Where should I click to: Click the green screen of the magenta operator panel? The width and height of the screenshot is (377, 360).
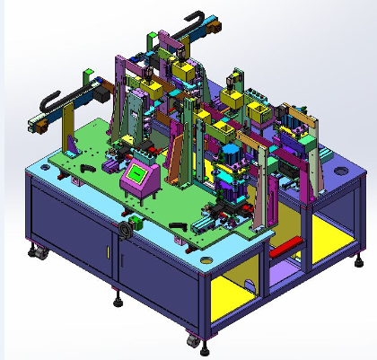coord(139,174)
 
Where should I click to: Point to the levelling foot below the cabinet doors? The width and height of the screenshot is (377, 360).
coord(118,301)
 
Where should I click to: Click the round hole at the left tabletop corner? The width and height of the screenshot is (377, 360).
coord(44,165)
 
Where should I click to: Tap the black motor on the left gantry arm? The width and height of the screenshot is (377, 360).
coord(100,90)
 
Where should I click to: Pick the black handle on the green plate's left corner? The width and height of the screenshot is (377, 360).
coord(88,168)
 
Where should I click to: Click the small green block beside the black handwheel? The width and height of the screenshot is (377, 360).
coord(136,220)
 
